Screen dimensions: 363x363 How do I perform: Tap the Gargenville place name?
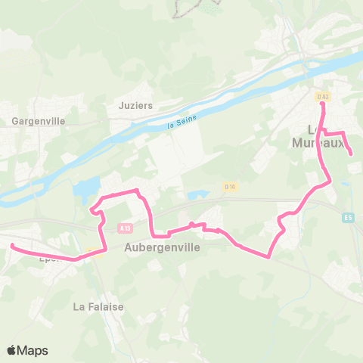(x=39, y=120)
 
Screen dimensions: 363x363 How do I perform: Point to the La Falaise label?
(x=98, y=307)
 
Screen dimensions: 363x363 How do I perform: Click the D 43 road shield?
(x=323, y=96)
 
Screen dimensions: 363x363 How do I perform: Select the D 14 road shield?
(x=230, y=186)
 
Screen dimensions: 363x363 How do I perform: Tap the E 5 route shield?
(x=348, y=219)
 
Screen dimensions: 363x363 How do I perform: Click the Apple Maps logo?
(x=27, y=350)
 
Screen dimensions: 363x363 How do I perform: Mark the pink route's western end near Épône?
(x=12, y=245)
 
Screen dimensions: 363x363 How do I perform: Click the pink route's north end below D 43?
(x=323, y=105)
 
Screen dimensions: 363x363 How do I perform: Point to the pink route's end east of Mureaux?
(x=352, y=155)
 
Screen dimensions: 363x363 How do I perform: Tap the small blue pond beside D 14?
(x=198, y=195)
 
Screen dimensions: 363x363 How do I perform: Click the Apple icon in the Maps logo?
(x=12, y=350)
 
